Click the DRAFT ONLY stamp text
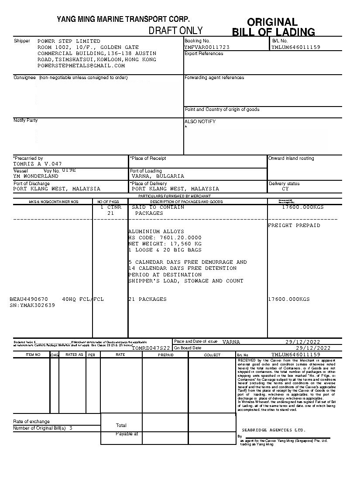click(175, 30)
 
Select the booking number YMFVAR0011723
click(207, 47)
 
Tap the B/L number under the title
click(296, 47)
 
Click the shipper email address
click(81, 65)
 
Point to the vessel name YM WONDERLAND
click(36, 176)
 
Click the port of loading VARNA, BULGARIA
click(158, 176)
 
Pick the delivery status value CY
click(285, 189)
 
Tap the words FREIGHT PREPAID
click(294, 225)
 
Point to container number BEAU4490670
click(29, 299)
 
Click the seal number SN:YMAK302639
click(32, 305)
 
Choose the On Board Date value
click(313, 348)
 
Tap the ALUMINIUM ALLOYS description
click(156, 231)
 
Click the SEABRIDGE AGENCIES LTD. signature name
click(274, 430)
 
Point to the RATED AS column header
click(74, 355)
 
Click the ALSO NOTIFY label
click(200, 121)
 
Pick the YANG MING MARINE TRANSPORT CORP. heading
click(123, 19)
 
